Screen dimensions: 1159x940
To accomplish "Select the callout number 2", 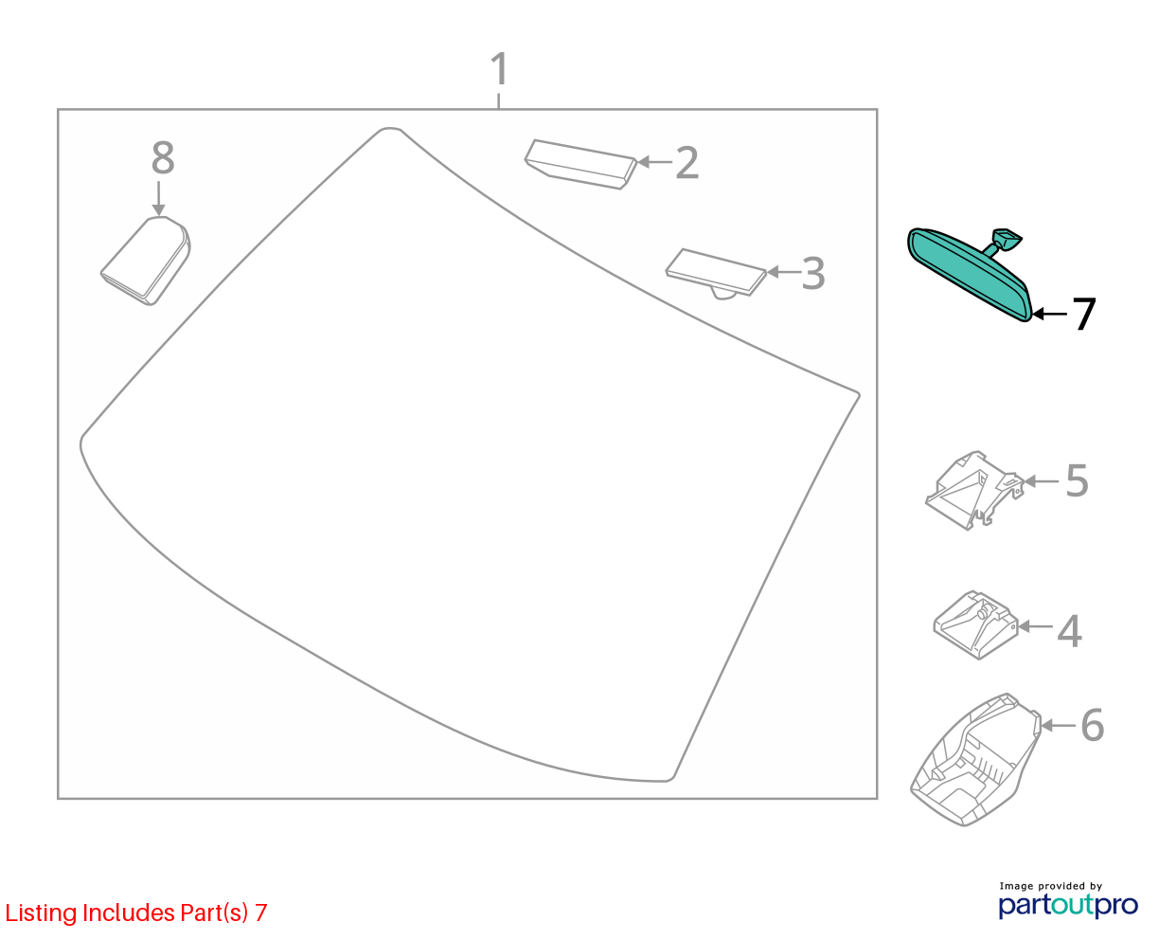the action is (686, 162).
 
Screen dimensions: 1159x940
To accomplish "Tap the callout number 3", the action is (813, 273).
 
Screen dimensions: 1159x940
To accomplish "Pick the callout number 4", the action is (1069, 631).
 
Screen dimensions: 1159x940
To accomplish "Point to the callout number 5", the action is (1077, 480).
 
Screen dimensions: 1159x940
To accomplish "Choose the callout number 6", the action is (1092, 725).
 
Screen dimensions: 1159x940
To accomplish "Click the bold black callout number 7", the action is (1083, 314).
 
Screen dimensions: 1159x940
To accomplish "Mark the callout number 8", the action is (163, 158).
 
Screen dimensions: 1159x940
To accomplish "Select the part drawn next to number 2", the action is (580, 165).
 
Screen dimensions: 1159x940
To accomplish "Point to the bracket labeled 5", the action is (974, 490).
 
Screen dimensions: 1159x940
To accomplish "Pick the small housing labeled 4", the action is (975, 624).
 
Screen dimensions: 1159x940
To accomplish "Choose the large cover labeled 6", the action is (975, 759).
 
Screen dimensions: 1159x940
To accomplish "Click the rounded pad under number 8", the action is (145, 261).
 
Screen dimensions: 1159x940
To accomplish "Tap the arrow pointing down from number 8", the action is (158, 198).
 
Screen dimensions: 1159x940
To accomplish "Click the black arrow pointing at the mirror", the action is (1049, 314).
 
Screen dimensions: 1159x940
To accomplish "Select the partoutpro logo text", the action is (1068, 905).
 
